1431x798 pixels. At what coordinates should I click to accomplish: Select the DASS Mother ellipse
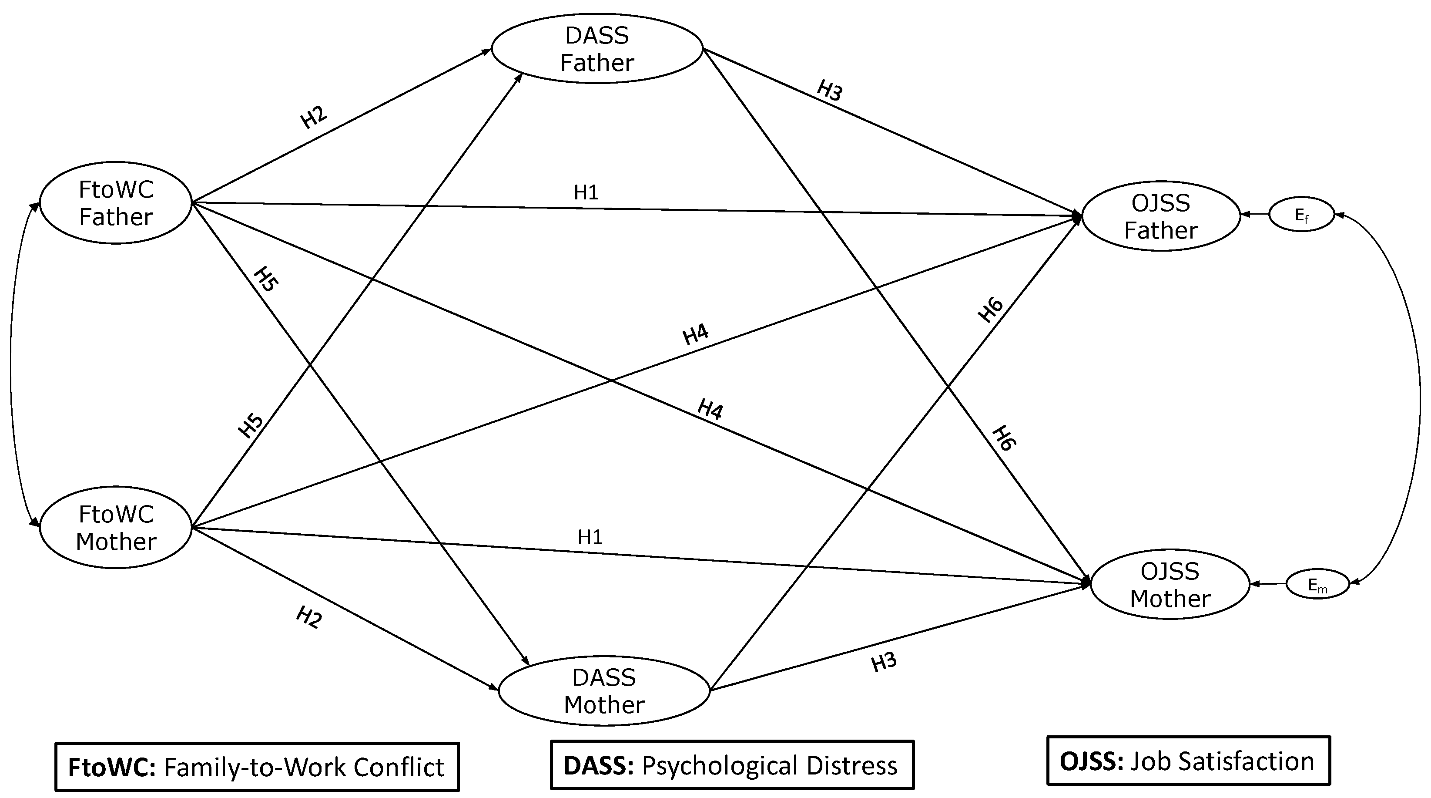(x=604, y=691)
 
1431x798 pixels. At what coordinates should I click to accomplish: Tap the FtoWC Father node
(x=116, y=203)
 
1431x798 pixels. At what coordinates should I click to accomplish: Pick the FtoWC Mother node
(x=116, y=527)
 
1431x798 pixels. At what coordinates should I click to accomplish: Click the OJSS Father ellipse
(x=1160, y=216)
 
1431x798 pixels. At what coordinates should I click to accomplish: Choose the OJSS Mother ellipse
(x=1170, y=585)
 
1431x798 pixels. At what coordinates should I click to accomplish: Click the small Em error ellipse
(x=1317, y=585)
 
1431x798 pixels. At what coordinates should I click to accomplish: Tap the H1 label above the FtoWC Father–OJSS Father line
(x=586, y=192)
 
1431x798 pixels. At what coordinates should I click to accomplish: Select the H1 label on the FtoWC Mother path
(x=590, y=537)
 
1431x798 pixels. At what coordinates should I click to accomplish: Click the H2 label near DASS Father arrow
(x=314, y=117)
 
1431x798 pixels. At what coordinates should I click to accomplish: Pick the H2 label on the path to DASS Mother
(x=309, y=617)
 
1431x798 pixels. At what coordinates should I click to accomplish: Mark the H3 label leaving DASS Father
(x=829, y=90)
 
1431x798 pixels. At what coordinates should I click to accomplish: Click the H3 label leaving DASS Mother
(x=884, y=662)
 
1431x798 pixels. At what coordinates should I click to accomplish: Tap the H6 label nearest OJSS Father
(x=991, y=310)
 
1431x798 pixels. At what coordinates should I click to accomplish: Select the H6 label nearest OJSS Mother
(x=1004, y=438)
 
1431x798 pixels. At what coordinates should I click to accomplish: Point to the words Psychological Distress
(x=769, y=765)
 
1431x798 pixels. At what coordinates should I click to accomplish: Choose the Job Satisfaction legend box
(x=1188, y=761)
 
